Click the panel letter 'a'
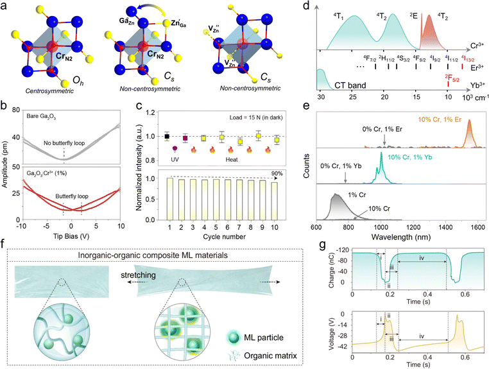(5, 6)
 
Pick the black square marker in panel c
(167, 136)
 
